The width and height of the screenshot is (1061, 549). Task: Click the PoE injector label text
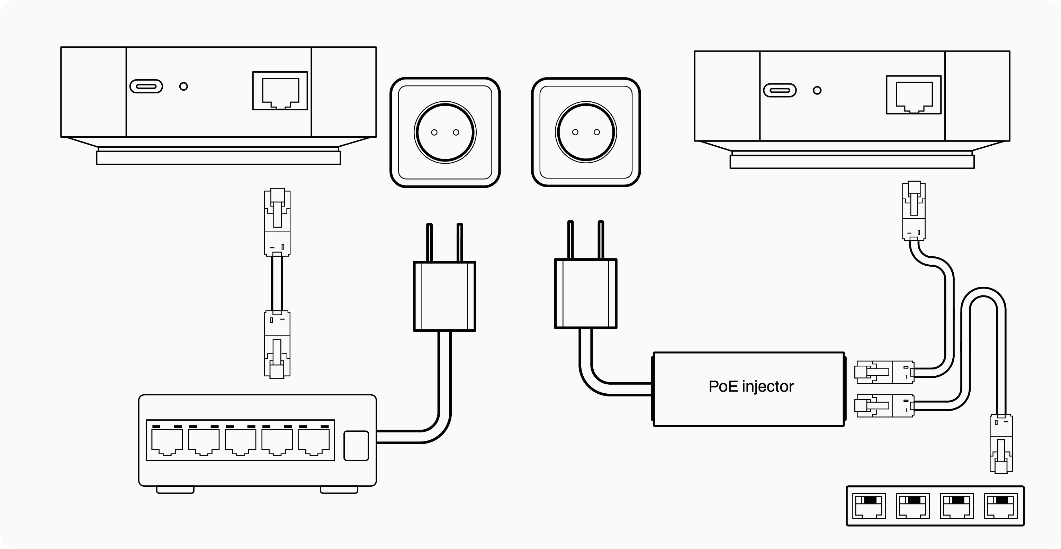(x=750, y=386)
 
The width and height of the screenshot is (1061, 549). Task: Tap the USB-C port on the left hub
(x=146, y=86)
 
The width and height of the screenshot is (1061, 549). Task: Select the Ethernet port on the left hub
(x=280, y=91)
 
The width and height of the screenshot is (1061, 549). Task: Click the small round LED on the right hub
(x=817, y=91)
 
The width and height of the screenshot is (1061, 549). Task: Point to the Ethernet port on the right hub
(x=914, y=95)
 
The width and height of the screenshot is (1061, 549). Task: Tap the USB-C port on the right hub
(x=779, y=91)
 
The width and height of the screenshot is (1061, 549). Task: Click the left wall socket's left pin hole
(x=434, y=132)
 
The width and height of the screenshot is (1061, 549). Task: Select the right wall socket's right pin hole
(x=596, y=132)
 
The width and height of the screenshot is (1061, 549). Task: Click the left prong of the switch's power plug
(x=429, y=243)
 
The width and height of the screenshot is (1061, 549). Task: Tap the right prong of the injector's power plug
(x=601, y=241)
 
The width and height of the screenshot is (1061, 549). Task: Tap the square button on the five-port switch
(x=356, y=445)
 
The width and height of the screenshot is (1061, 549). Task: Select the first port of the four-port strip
(x=870, y=506)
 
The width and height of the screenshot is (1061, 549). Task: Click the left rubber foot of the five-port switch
(x=175, y=490)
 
